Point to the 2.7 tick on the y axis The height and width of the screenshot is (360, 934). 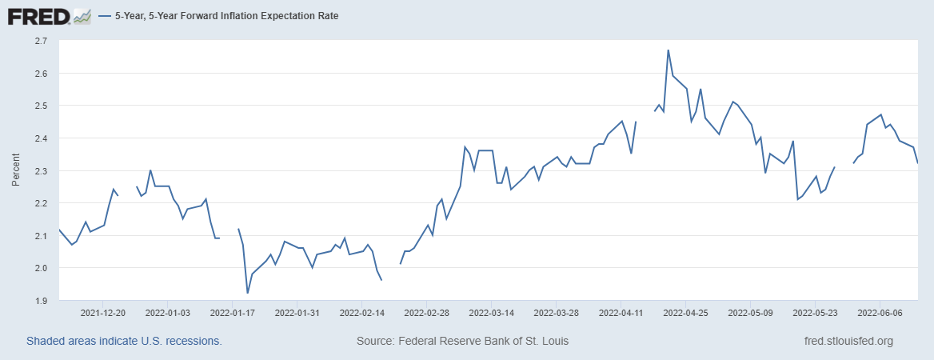[x=42, y=41]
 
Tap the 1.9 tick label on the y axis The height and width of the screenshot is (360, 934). [x=42, y=301]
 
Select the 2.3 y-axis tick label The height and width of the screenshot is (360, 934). [x=42, y=171]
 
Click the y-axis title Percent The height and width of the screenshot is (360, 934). [x=15, y=171]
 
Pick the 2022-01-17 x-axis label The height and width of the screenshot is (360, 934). [x=232, y=313]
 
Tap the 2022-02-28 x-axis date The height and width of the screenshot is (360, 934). [x=426, y=313]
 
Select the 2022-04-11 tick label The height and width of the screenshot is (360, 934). [x=621, y=313]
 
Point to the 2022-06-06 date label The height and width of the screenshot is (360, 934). [x=880, y=313]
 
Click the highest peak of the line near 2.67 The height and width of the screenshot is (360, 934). [x=668, y=50]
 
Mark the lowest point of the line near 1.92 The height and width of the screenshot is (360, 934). [x=248, y=293]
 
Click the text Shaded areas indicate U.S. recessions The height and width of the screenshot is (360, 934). [x=124, y=342]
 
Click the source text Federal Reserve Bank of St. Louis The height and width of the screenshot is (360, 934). [x=462, y=342]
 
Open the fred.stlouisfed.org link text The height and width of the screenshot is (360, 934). [x=848, y=342]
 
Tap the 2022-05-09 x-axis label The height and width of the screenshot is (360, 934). [x=750, y=313]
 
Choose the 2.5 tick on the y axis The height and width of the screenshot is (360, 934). [x=42, y=106]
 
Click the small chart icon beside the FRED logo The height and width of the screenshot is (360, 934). [x=82, y=15]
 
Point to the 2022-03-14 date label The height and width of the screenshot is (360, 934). [x=491, y=313]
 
